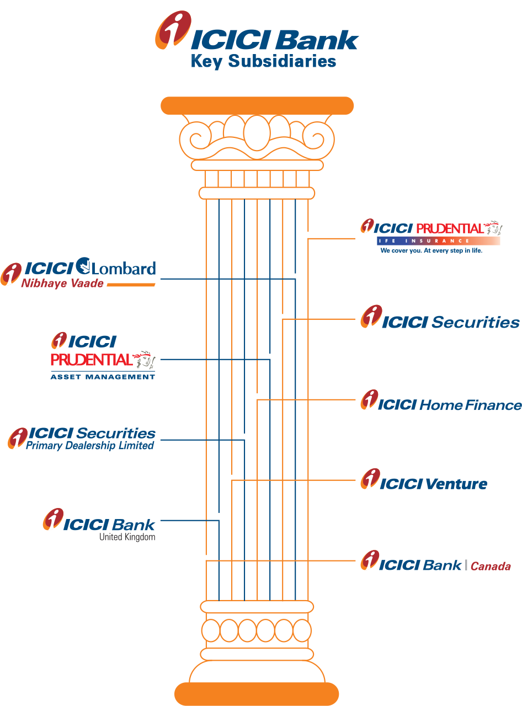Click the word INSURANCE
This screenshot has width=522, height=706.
point(442,241)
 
